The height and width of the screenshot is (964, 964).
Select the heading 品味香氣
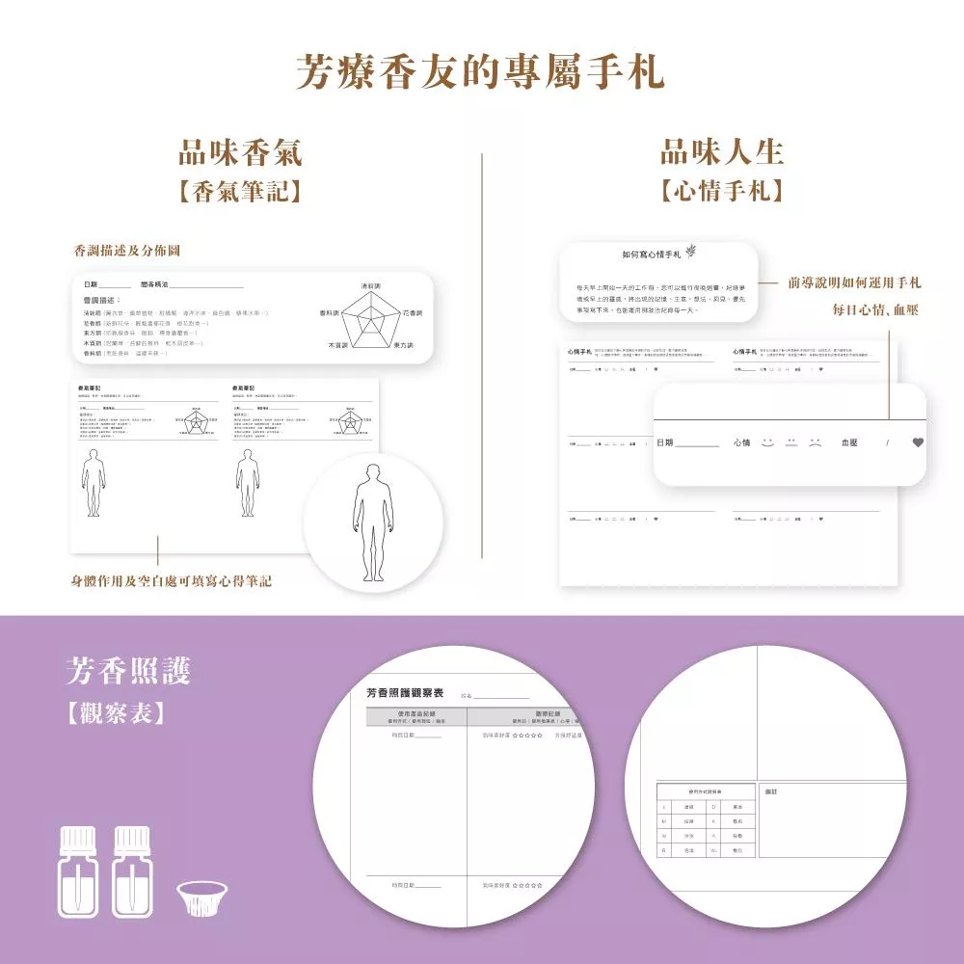[240, 152]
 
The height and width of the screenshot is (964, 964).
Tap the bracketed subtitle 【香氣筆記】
[240, 191]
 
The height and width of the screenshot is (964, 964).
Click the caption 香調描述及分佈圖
[127, 251]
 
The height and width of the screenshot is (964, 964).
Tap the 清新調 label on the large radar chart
[370, 286]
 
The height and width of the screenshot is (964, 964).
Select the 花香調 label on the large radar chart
[413, 313]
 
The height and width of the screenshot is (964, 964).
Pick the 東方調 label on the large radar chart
[403, 345]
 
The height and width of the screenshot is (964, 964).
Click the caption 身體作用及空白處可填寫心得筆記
[172, 581]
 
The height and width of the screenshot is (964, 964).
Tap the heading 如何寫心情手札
[652, 254]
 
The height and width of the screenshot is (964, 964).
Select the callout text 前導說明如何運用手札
[854, 282]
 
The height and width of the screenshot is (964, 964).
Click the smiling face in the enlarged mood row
[767, 442]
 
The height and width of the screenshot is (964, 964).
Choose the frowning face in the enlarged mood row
[816, 442]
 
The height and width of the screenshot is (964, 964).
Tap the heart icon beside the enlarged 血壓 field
[917, 442]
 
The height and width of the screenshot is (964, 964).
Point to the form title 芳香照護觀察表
[405, 692]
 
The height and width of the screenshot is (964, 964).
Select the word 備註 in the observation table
[770, 790]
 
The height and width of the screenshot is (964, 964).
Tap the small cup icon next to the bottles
[202, 899]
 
